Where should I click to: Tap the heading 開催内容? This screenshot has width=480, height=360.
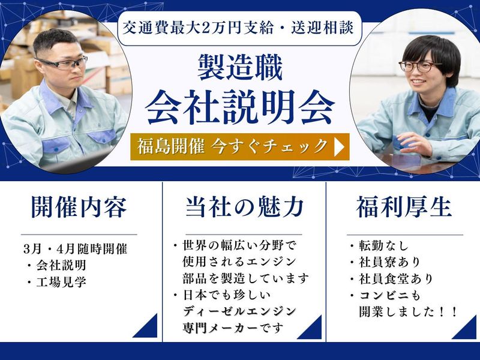click(79, 208)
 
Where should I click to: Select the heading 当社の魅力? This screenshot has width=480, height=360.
click(244, 208)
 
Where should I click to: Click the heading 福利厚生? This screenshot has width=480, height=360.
click(404, 208)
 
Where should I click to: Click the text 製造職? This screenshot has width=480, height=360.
click(240, 67)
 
